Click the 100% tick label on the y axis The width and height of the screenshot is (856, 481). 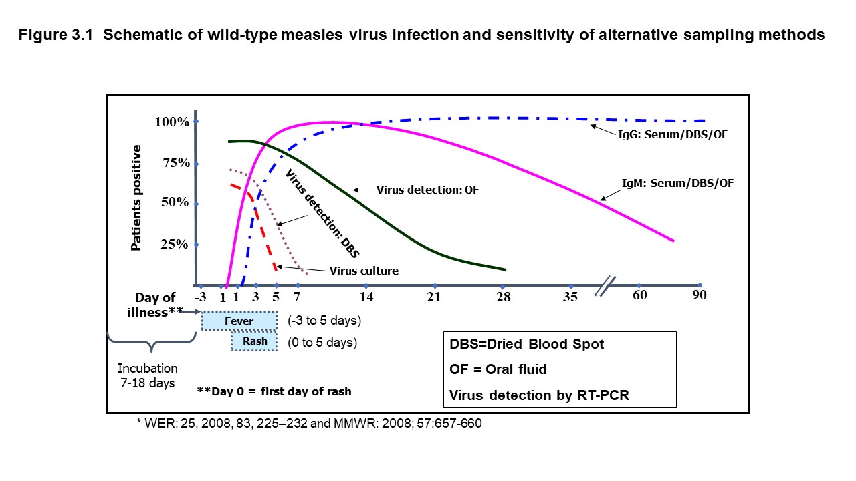(171, 122)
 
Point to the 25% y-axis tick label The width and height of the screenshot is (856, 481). (174, 245)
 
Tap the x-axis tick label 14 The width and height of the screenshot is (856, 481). (366, 297)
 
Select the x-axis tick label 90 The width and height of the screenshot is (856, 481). (700, 295)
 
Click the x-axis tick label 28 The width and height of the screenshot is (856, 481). (504, 297)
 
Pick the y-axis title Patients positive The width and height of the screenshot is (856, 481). (136, 198)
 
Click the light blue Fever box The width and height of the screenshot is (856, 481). (239, 321)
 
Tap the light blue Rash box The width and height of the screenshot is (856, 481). (255, 341)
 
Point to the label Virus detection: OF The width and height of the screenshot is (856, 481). (428, 190)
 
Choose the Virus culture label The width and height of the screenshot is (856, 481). (364, 271)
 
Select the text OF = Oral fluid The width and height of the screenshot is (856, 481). (498, 369)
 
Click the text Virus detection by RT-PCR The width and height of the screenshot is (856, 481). (540, 395)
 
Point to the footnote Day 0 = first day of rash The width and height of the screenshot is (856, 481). (274, 391)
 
